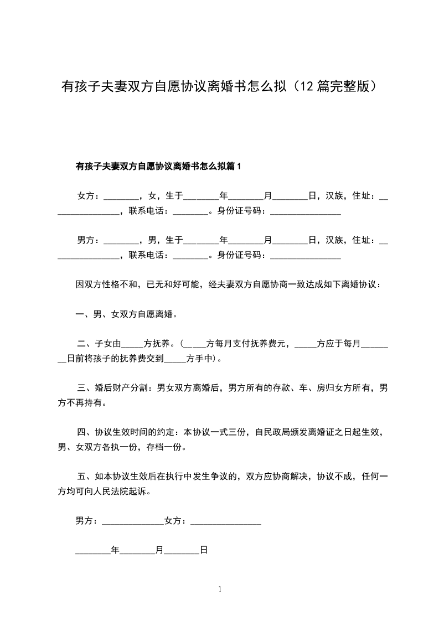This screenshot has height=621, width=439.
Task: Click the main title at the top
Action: (220, 87)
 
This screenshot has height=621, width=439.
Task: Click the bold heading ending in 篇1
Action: (159, 166)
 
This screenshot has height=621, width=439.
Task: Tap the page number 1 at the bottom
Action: (220, 589)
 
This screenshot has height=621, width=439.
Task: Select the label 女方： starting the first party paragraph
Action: (89, 196)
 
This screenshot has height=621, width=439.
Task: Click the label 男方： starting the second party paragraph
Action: (89, 240)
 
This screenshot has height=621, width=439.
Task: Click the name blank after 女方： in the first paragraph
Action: (121, 197)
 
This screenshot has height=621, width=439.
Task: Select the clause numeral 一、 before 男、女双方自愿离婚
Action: (84, 315)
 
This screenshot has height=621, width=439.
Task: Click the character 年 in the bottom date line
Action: (115, 551)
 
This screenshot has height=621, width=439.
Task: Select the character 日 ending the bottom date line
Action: (204, 551)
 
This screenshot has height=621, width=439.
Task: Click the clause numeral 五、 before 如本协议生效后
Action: (84, 476)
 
